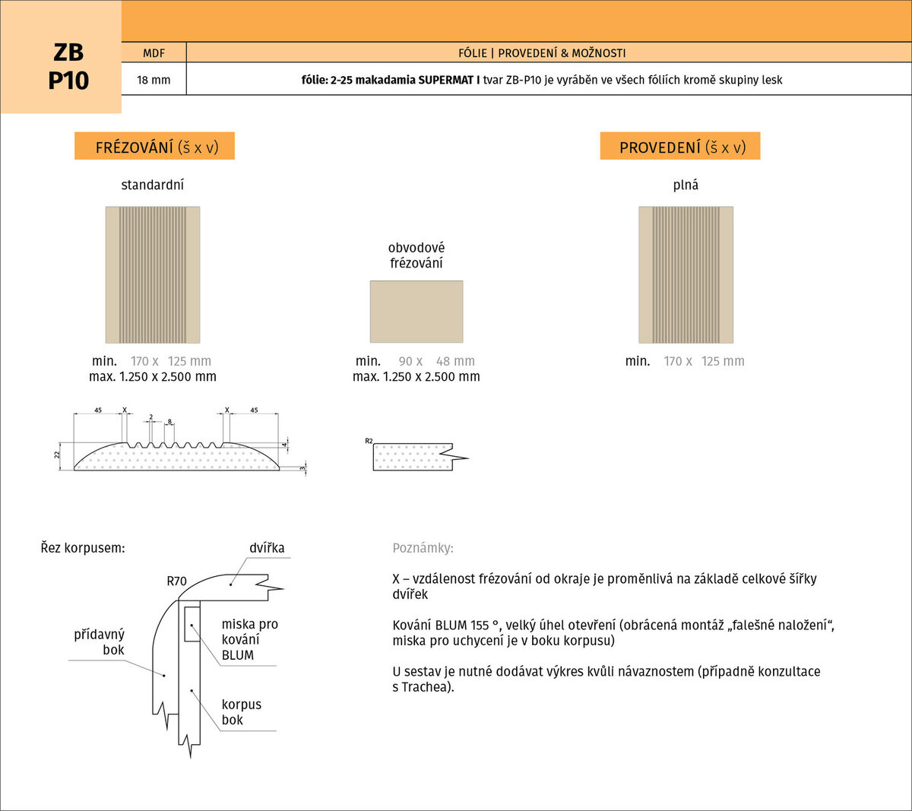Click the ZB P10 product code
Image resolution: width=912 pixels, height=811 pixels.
coord(68,66)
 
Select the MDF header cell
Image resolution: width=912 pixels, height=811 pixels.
coord(154,52)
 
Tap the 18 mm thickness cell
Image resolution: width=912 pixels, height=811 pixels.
coord(154,80)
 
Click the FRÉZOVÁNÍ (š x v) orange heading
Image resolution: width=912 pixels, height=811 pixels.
coord(154,146)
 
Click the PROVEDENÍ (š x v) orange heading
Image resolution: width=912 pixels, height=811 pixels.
coord(679,146)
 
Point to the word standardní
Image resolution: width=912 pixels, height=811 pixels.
coord(152,185)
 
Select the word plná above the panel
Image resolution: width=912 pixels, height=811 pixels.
coord(686,185)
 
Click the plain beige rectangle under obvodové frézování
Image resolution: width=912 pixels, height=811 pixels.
coord(416,312)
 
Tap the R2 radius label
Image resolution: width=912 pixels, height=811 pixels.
coord(369,441)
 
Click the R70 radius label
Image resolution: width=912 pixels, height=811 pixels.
coord(176,581)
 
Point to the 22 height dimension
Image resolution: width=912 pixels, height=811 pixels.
coord(57,455)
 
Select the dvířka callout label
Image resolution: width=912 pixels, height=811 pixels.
coord(267,547)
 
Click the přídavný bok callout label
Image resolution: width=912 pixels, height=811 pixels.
coord(100,642)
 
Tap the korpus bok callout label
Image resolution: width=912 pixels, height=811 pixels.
coord(241,711)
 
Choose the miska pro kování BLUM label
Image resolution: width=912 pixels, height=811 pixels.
coord(250,639)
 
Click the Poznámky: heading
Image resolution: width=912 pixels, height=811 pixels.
coord(423,548)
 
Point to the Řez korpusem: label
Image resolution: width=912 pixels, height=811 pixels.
coord(83,548)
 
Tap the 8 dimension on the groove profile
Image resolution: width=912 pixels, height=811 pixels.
coord(169,422)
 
